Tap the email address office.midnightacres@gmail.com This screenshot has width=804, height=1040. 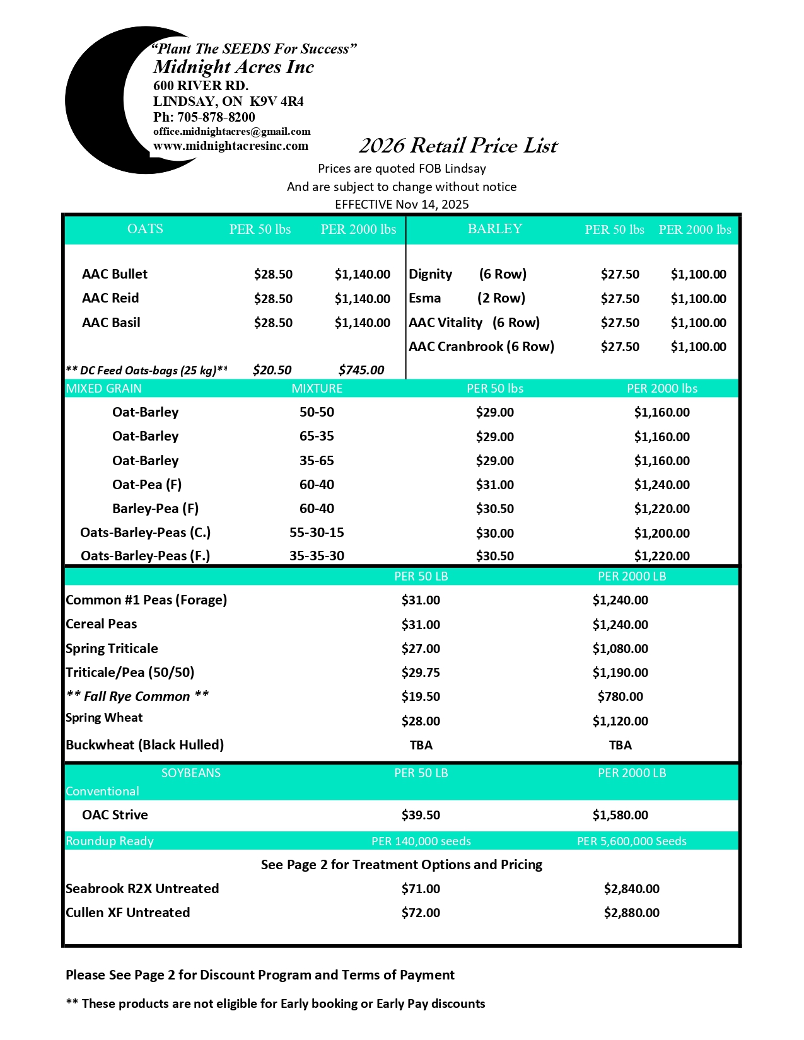[x=231, y=132]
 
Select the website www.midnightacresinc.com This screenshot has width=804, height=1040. [x=231, y=146]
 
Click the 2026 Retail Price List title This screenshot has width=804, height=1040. [x=458, y=146]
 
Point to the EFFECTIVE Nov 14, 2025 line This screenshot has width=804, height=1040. [x=402, y=204]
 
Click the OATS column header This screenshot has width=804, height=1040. [x=145, y=229]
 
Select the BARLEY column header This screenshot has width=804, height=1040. [x=494, y=229]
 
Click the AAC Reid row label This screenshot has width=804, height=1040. [x=110, y=298]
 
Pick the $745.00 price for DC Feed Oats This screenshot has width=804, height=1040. [x=361, y=370]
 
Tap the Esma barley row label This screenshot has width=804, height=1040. [x=425, y=298]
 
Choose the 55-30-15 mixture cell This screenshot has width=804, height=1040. [x=317, y=533]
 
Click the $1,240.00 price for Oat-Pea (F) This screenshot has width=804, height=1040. [x=661, y=485]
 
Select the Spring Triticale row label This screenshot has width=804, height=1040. [x=112, y=649]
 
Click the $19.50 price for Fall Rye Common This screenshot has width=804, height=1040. [x=421, y=696]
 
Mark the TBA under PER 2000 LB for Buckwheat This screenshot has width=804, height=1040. [x=620, y=745]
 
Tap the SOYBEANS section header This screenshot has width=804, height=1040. [x=190, y=773]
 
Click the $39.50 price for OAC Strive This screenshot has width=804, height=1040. [x=421, y=815]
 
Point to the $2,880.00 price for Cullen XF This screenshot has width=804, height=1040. [x=631, y=913]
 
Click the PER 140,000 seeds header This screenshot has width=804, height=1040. [x=421, y=841]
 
